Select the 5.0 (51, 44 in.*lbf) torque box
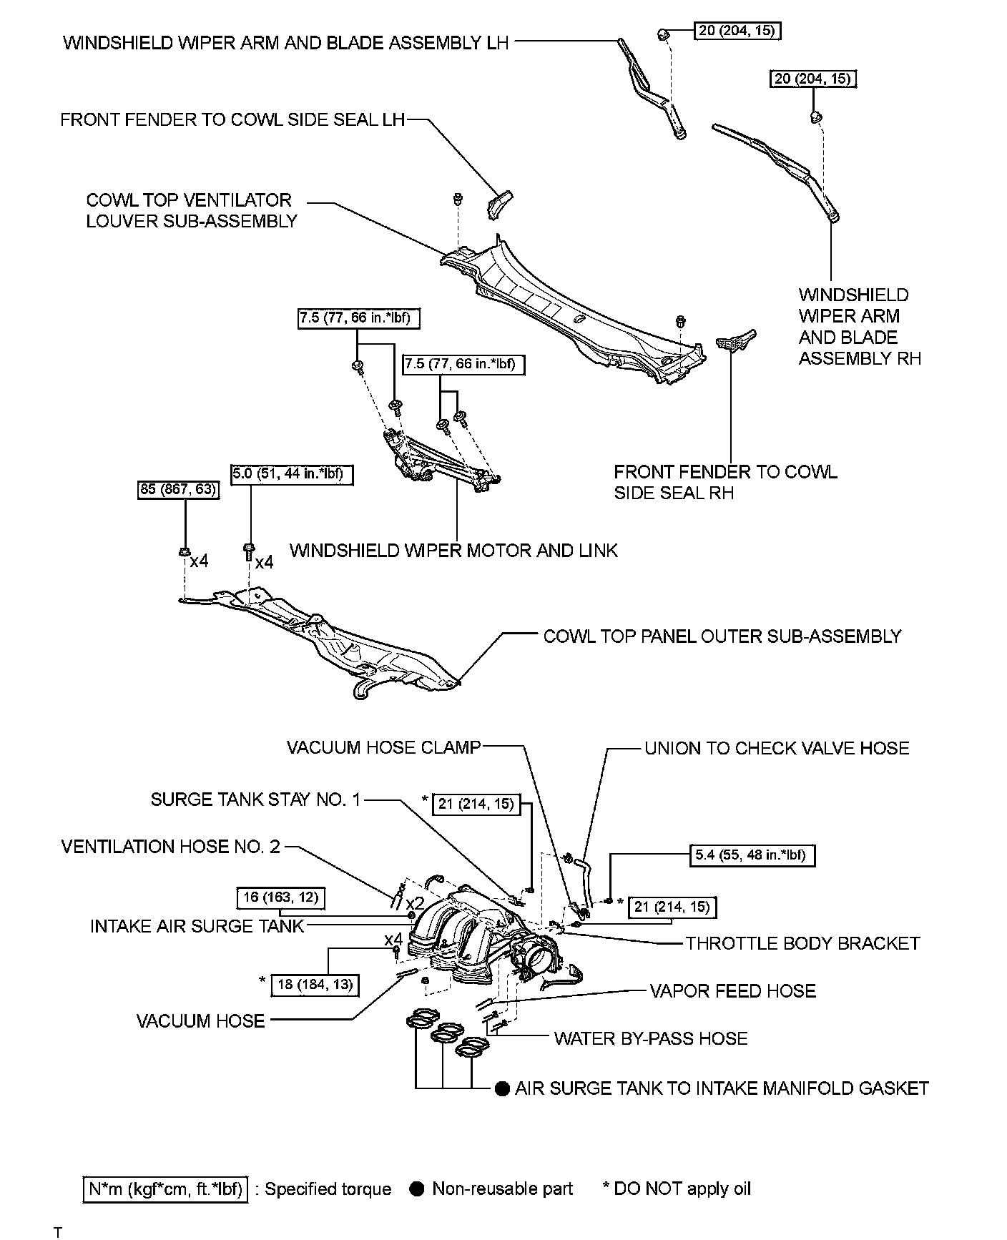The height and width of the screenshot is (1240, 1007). (292, 473)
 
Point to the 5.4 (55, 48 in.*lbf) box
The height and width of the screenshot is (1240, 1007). (754, 855)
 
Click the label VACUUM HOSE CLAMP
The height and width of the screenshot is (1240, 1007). (383, 747)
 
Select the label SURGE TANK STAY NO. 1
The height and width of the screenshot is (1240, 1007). (255, 799)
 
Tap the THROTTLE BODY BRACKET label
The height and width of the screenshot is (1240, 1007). (802, 943)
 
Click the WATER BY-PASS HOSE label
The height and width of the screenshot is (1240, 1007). (650, 1038)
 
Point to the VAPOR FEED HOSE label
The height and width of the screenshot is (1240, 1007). (732, 990)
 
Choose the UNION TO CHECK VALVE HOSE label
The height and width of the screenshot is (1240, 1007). (777, 748)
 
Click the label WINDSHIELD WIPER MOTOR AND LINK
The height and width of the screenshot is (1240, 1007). (453, 551)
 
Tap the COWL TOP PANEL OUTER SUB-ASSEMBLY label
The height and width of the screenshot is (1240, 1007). (722, 636)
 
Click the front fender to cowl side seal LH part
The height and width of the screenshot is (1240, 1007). (501, 205)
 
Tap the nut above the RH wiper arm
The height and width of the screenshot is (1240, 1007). (815, 117)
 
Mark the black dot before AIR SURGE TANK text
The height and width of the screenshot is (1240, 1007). (503, 1088)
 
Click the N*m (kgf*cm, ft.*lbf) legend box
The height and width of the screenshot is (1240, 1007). (165, 1189)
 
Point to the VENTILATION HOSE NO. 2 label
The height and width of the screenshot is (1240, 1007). (170, 847)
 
